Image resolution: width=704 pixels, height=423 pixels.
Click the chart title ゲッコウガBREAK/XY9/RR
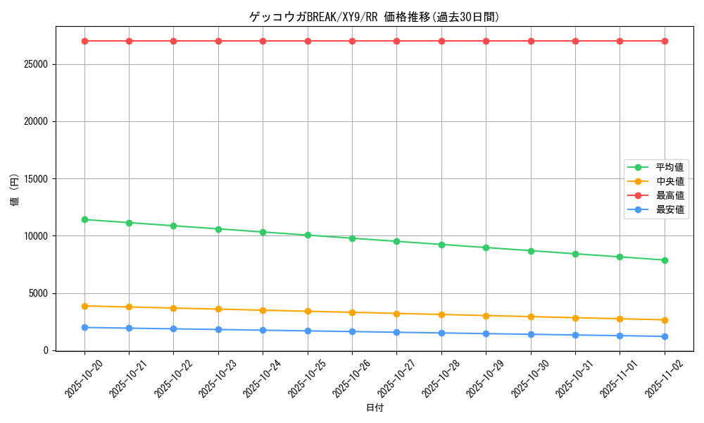tap(374, 17)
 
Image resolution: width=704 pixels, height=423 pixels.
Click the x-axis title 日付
tap(375, 407)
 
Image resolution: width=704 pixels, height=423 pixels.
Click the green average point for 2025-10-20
tap(84, 219)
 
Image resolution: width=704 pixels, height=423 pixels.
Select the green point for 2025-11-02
tap(665, 260)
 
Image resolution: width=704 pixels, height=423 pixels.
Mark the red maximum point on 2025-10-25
tap(308, 41)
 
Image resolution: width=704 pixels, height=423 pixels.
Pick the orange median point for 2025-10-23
tap(218, 309)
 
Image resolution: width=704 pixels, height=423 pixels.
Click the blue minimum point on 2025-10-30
tap(531, 334)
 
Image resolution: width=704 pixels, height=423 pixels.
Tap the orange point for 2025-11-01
tap(620, 319)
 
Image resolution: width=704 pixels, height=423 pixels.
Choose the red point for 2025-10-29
tap(486, 41)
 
